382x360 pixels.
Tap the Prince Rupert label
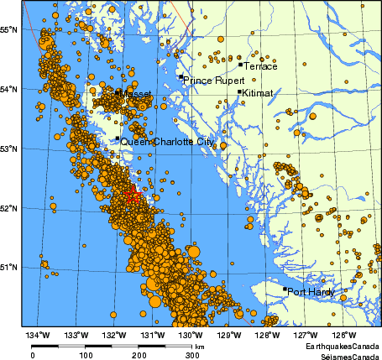pyautogui.click(x=214, y=81)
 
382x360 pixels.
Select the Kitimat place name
pyautogui.click(x=257, y=94)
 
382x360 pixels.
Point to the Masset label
pyautogui.click(x=137, y=95)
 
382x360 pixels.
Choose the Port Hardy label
pyautogui.click(x=311, y=293)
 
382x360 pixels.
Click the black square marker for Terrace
pyautogui.click(x=240, y=65)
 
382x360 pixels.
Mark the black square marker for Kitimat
pyautogui.click(x=240, y=92)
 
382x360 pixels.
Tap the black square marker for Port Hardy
pyautogui.click(x=285, y=290)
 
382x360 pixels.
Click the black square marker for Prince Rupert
pyautogui.click(x=181, y=77)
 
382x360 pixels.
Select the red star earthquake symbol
pyautogui.click(x=131, y=196)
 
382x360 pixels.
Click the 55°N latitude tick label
pyautogui.click(x=9, y=29)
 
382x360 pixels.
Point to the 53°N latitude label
pyautogui.click(x=9, y=149)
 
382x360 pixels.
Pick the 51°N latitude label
pyautogui.click(x=9, y=268)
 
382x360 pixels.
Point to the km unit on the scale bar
pyautogui.click(x=200, y=346)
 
